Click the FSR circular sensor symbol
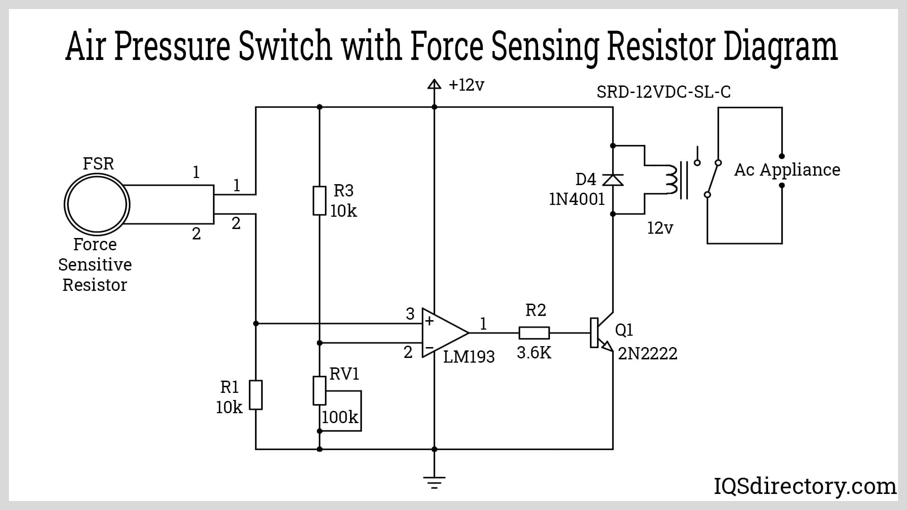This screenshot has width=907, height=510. click(x=97, y=204)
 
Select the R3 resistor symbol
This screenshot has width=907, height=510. click(x=319, y=201)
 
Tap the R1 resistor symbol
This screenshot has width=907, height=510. click(x=256, y=395)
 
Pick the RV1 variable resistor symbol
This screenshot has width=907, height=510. click(x=320, y=391)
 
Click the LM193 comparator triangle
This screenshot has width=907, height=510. click(x=442, y=332)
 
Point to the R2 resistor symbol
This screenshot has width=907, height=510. click(x=534, y=333)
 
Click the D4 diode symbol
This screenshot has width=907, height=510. click(x=613, y=180)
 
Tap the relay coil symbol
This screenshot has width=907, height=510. click(x=671, y=180)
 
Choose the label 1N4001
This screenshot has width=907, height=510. click(x=577, y=199)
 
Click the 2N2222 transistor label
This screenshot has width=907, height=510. click(x=647, y=353)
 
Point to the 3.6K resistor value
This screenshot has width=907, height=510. click(x=534, y=352)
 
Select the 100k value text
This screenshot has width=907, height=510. click(x=340, y=417)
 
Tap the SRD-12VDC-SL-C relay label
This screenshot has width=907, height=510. click(x=663, y=92)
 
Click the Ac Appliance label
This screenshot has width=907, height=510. click(x=787, y=170)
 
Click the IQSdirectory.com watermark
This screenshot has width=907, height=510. click(x=804, y=486)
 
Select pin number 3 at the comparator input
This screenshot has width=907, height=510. click(x=410, y=314)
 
